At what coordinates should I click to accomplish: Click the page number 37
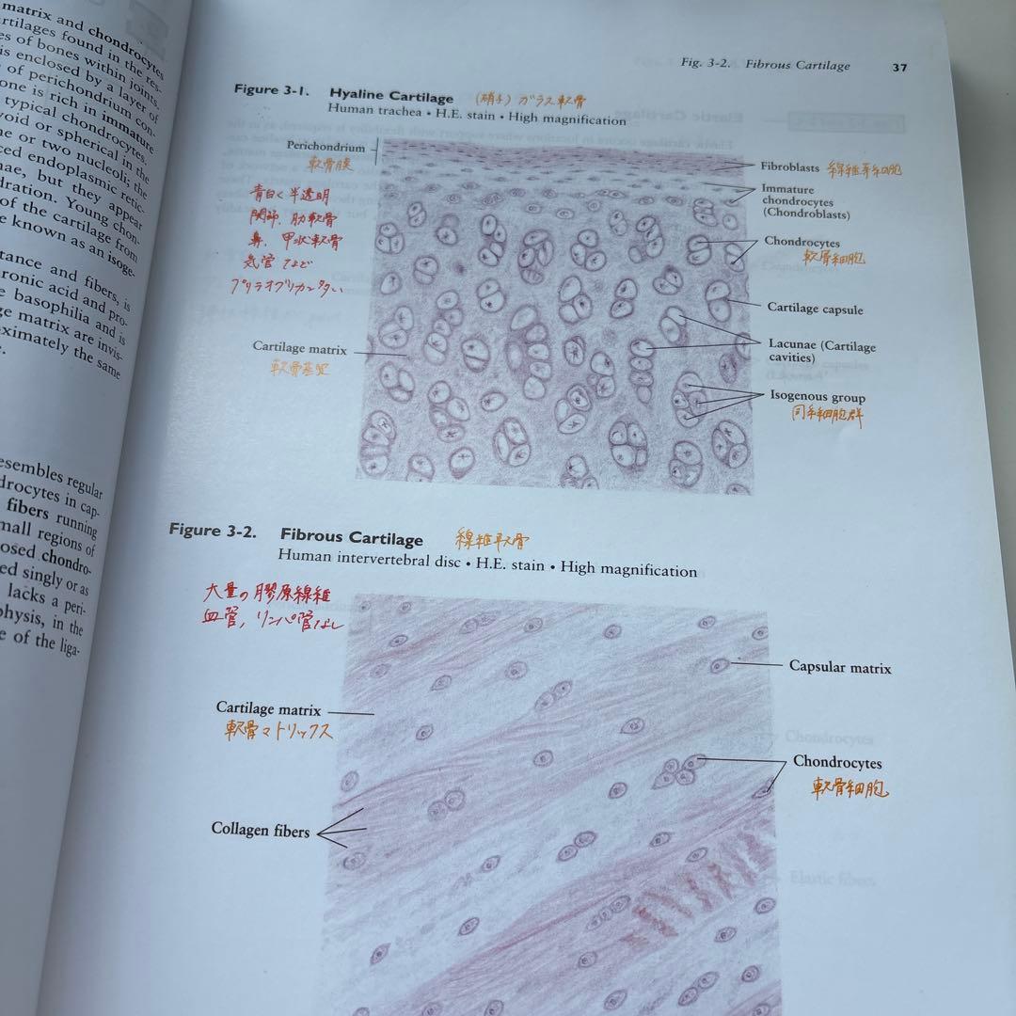899,67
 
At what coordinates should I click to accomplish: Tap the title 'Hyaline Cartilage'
391,96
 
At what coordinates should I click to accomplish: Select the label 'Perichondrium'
325,147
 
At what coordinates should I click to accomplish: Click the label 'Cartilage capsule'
815,309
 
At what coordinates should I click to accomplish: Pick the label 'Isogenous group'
817,397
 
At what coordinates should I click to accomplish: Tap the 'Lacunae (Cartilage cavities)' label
820,351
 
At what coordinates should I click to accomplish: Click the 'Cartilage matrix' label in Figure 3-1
299,348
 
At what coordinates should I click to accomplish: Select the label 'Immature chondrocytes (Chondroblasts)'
806,201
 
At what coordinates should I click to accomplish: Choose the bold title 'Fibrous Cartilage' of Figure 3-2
351,538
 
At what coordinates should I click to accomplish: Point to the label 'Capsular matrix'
839,667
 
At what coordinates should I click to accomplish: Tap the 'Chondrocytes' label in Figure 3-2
836,762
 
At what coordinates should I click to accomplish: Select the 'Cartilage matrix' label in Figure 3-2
268,709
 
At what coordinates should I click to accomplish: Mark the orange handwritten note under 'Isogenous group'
826,416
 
